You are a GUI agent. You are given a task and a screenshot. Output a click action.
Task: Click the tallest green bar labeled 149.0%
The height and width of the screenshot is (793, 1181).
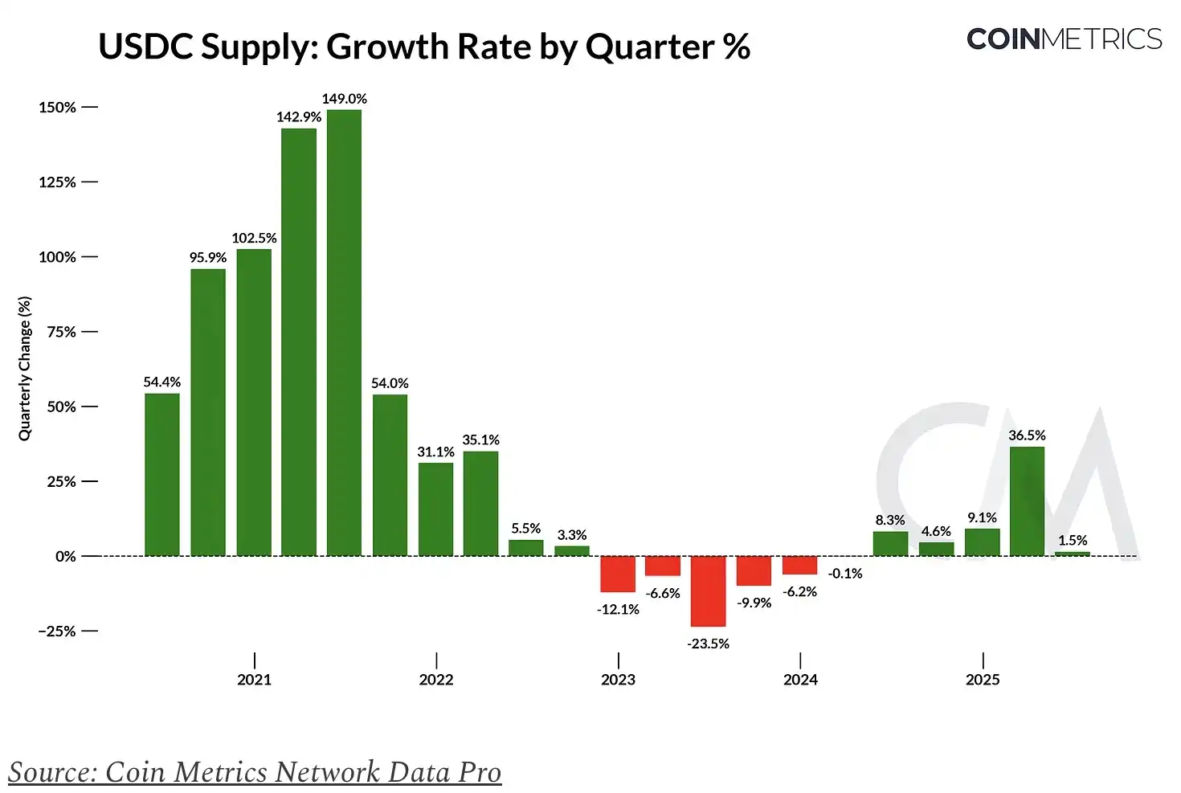point(344,332)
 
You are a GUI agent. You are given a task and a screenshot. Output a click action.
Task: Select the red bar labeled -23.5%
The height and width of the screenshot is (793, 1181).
point(708,591)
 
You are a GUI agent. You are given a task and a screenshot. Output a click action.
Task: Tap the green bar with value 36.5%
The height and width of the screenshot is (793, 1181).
point(1027,501)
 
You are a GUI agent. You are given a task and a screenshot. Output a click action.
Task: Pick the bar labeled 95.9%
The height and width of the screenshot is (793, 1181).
point(208,412)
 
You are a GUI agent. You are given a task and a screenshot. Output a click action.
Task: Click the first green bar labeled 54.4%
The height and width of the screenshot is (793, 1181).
point(162,474)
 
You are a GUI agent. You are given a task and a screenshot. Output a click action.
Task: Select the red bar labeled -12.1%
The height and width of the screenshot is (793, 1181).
point(618,574)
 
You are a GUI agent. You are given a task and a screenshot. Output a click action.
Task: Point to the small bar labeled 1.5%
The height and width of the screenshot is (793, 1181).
point(1073,554)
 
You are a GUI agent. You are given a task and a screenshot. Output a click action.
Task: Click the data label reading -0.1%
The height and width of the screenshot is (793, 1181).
point(845,574)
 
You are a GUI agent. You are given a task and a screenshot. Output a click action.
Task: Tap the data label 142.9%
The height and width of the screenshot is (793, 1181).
point(299,117)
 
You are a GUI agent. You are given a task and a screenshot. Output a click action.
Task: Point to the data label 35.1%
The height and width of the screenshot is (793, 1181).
point(480,440)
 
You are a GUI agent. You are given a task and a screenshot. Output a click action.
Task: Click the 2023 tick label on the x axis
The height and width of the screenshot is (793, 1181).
point(618,680)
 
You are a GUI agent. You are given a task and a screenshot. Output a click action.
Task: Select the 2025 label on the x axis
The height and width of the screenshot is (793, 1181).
point(983,680)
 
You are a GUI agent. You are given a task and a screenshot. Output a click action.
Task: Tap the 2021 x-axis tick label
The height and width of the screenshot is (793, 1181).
point(254,680)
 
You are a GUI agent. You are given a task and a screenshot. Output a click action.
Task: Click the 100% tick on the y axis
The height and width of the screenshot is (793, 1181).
point(57,257)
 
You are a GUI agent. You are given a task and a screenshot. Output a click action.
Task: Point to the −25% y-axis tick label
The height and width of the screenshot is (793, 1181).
point(57,632)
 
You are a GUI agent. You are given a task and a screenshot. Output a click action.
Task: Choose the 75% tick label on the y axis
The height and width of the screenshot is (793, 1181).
point(61,332)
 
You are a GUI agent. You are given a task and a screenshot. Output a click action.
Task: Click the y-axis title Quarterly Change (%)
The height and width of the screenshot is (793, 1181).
point(25,369)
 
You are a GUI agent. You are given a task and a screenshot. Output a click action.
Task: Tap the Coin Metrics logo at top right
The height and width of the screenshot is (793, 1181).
point(1064,39)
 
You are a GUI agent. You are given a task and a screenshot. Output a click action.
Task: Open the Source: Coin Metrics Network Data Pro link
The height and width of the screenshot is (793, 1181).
point(255,772)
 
